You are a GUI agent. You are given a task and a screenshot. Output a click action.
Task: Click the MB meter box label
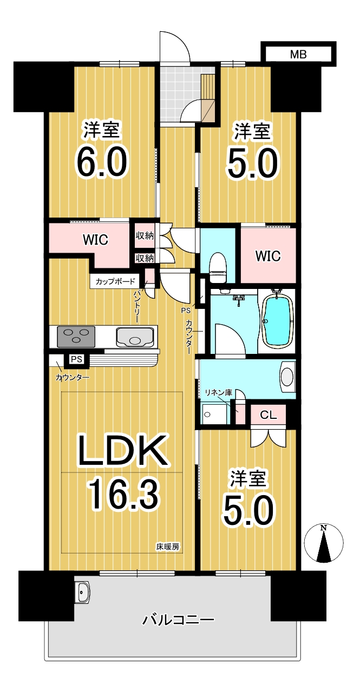pos(298,55)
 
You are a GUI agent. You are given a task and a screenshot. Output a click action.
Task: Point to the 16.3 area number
pos(123,496)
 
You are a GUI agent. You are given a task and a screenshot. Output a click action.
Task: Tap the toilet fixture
pos(218,267)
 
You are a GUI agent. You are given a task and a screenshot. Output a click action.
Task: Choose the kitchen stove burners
pos(76,337)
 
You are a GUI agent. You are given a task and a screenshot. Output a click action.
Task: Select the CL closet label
pos(268,415)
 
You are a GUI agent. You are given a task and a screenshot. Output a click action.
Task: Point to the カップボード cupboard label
pos(115,281)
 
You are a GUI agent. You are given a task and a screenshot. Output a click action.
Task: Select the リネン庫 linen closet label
pos(219,393)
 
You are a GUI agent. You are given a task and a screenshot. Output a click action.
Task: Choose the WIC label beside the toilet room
pos(267,256)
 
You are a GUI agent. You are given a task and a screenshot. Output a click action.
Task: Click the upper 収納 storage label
pos(145,236)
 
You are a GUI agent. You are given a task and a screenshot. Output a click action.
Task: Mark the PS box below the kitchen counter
pos(76,359)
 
